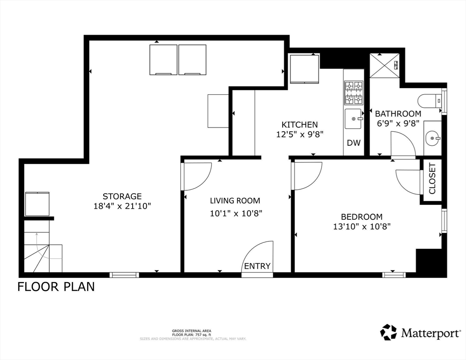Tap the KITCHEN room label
(x=299, y=125)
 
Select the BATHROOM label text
(x=398, y=113)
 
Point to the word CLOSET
(x=432, y=178)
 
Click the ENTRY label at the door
(x=257, y=266)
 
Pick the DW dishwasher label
(x=354, y=143)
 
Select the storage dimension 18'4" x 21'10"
(x=122, y=206)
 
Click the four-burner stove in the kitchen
(x=353, y=92)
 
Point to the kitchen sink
(x=353, y=118)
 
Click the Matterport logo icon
(x=388, y=332)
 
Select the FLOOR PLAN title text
(x=56, y=286)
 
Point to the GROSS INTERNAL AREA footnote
(x=192, y=331)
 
